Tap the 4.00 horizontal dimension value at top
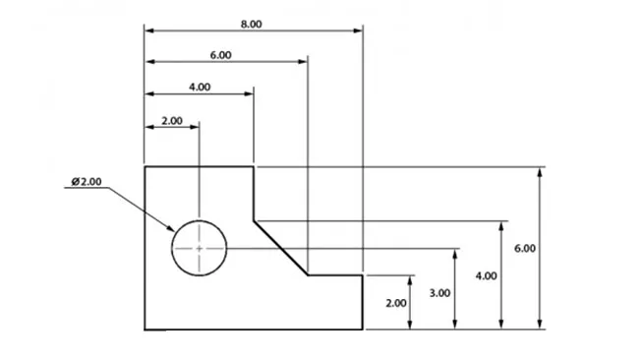[199, 87]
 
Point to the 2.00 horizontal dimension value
[171, 120]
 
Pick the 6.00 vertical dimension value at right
[525, 249]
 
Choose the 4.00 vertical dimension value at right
[486, 276]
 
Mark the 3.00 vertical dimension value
[440, 292]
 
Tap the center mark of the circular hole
[200, 249]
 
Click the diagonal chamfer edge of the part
[281, 247]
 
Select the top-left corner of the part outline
[146, 167]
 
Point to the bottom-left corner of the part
[146, 330]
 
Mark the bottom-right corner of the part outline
[365, 330]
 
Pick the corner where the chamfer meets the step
[309, 275]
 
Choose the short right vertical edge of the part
[365, 302]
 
